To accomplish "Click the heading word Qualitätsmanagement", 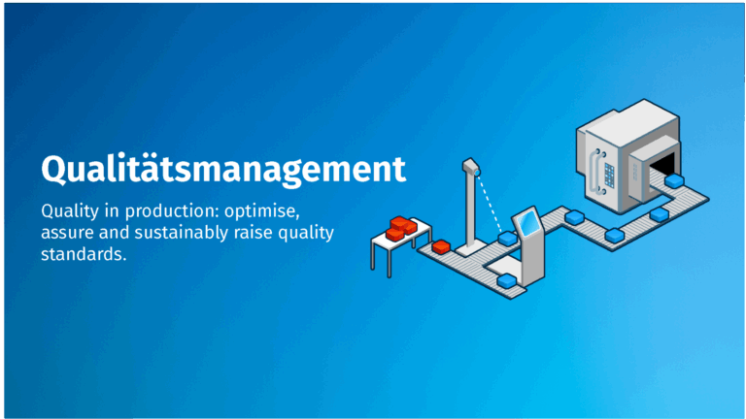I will click(222, 168).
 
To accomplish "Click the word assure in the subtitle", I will click(66, 234).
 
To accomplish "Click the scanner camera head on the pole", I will click(472, 168).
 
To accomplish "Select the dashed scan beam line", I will click(492, 206).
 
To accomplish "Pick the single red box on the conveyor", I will click(442, 245).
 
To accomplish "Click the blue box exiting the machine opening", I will click(672, 180).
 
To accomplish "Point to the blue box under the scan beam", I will click(506, 237).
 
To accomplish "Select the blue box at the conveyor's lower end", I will click(507, 280).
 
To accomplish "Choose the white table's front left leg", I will click(376, 258).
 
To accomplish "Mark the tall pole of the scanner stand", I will click(467, 209).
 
